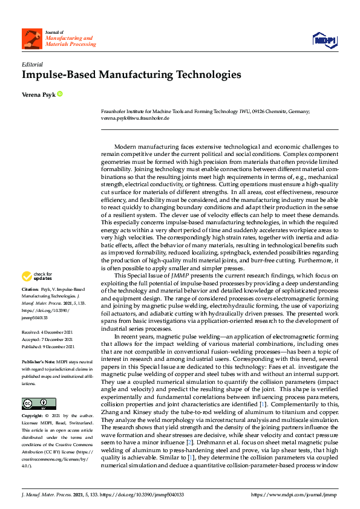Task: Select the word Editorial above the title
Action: click(31, 63)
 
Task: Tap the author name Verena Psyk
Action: click(39, 94)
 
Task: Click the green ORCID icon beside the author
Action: click(60, 94)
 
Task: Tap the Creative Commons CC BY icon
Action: click(34, 404)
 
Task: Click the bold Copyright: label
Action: click(33, 417)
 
